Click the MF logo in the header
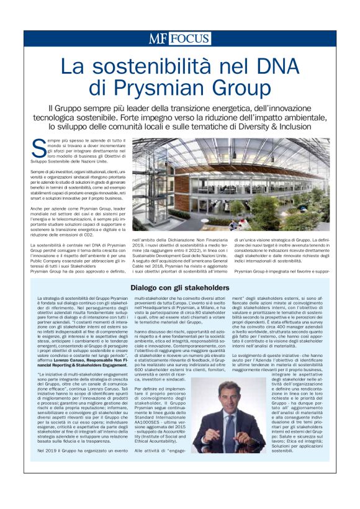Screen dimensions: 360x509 click(158, 39)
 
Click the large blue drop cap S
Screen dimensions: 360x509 click(37, 146)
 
